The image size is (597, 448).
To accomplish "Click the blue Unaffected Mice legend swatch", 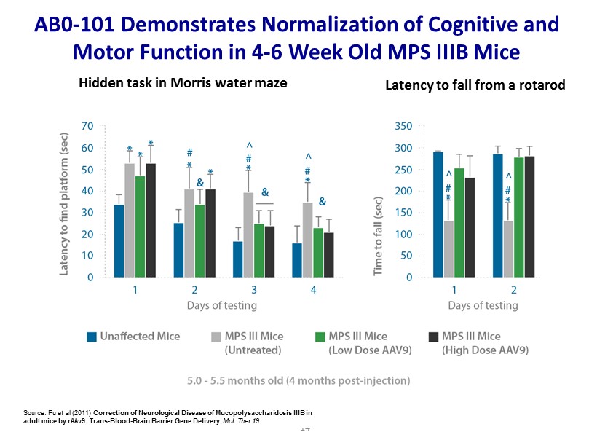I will tap(92, 337).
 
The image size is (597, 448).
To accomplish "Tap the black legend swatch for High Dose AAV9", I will tap(433, 337).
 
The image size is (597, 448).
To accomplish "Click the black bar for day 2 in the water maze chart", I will tap(210, 233).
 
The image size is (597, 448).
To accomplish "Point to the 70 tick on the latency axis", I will tap(87, 126).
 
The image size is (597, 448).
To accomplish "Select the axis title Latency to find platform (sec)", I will tap(65, 202).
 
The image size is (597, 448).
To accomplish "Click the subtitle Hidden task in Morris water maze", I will tap(183, 83).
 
